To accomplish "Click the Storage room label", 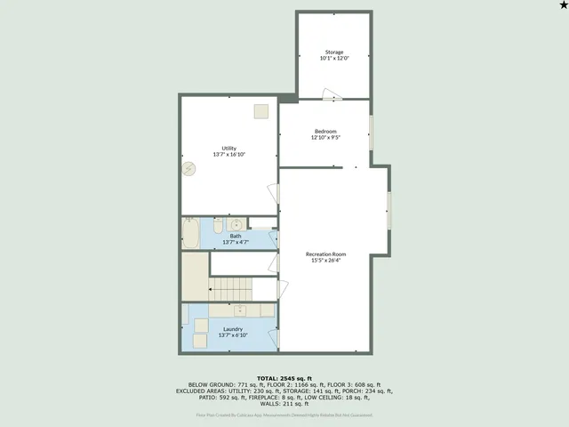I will pos(333,52).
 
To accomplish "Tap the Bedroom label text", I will pos(325,131).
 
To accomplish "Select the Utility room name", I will pos(228,148).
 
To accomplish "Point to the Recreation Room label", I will pos(325,254).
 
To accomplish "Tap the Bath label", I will pos(236,236).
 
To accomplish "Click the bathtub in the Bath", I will pos(191,234).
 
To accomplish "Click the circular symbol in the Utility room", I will pos(188,169).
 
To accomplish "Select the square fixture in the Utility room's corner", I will pos(260,111).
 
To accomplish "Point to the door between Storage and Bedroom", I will pos(331,94).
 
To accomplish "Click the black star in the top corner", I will pos(562,6).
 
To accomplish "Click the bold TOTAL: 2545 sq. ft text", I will pos(284,378).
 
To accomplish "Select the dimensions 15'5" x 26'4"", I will pos(328,261).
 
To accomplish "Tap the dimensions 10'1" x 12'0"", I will pos(333,58).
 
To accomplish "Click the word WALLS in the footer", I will pos(260,403).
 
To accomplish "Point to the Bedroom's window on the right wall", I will pos(371,132).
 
